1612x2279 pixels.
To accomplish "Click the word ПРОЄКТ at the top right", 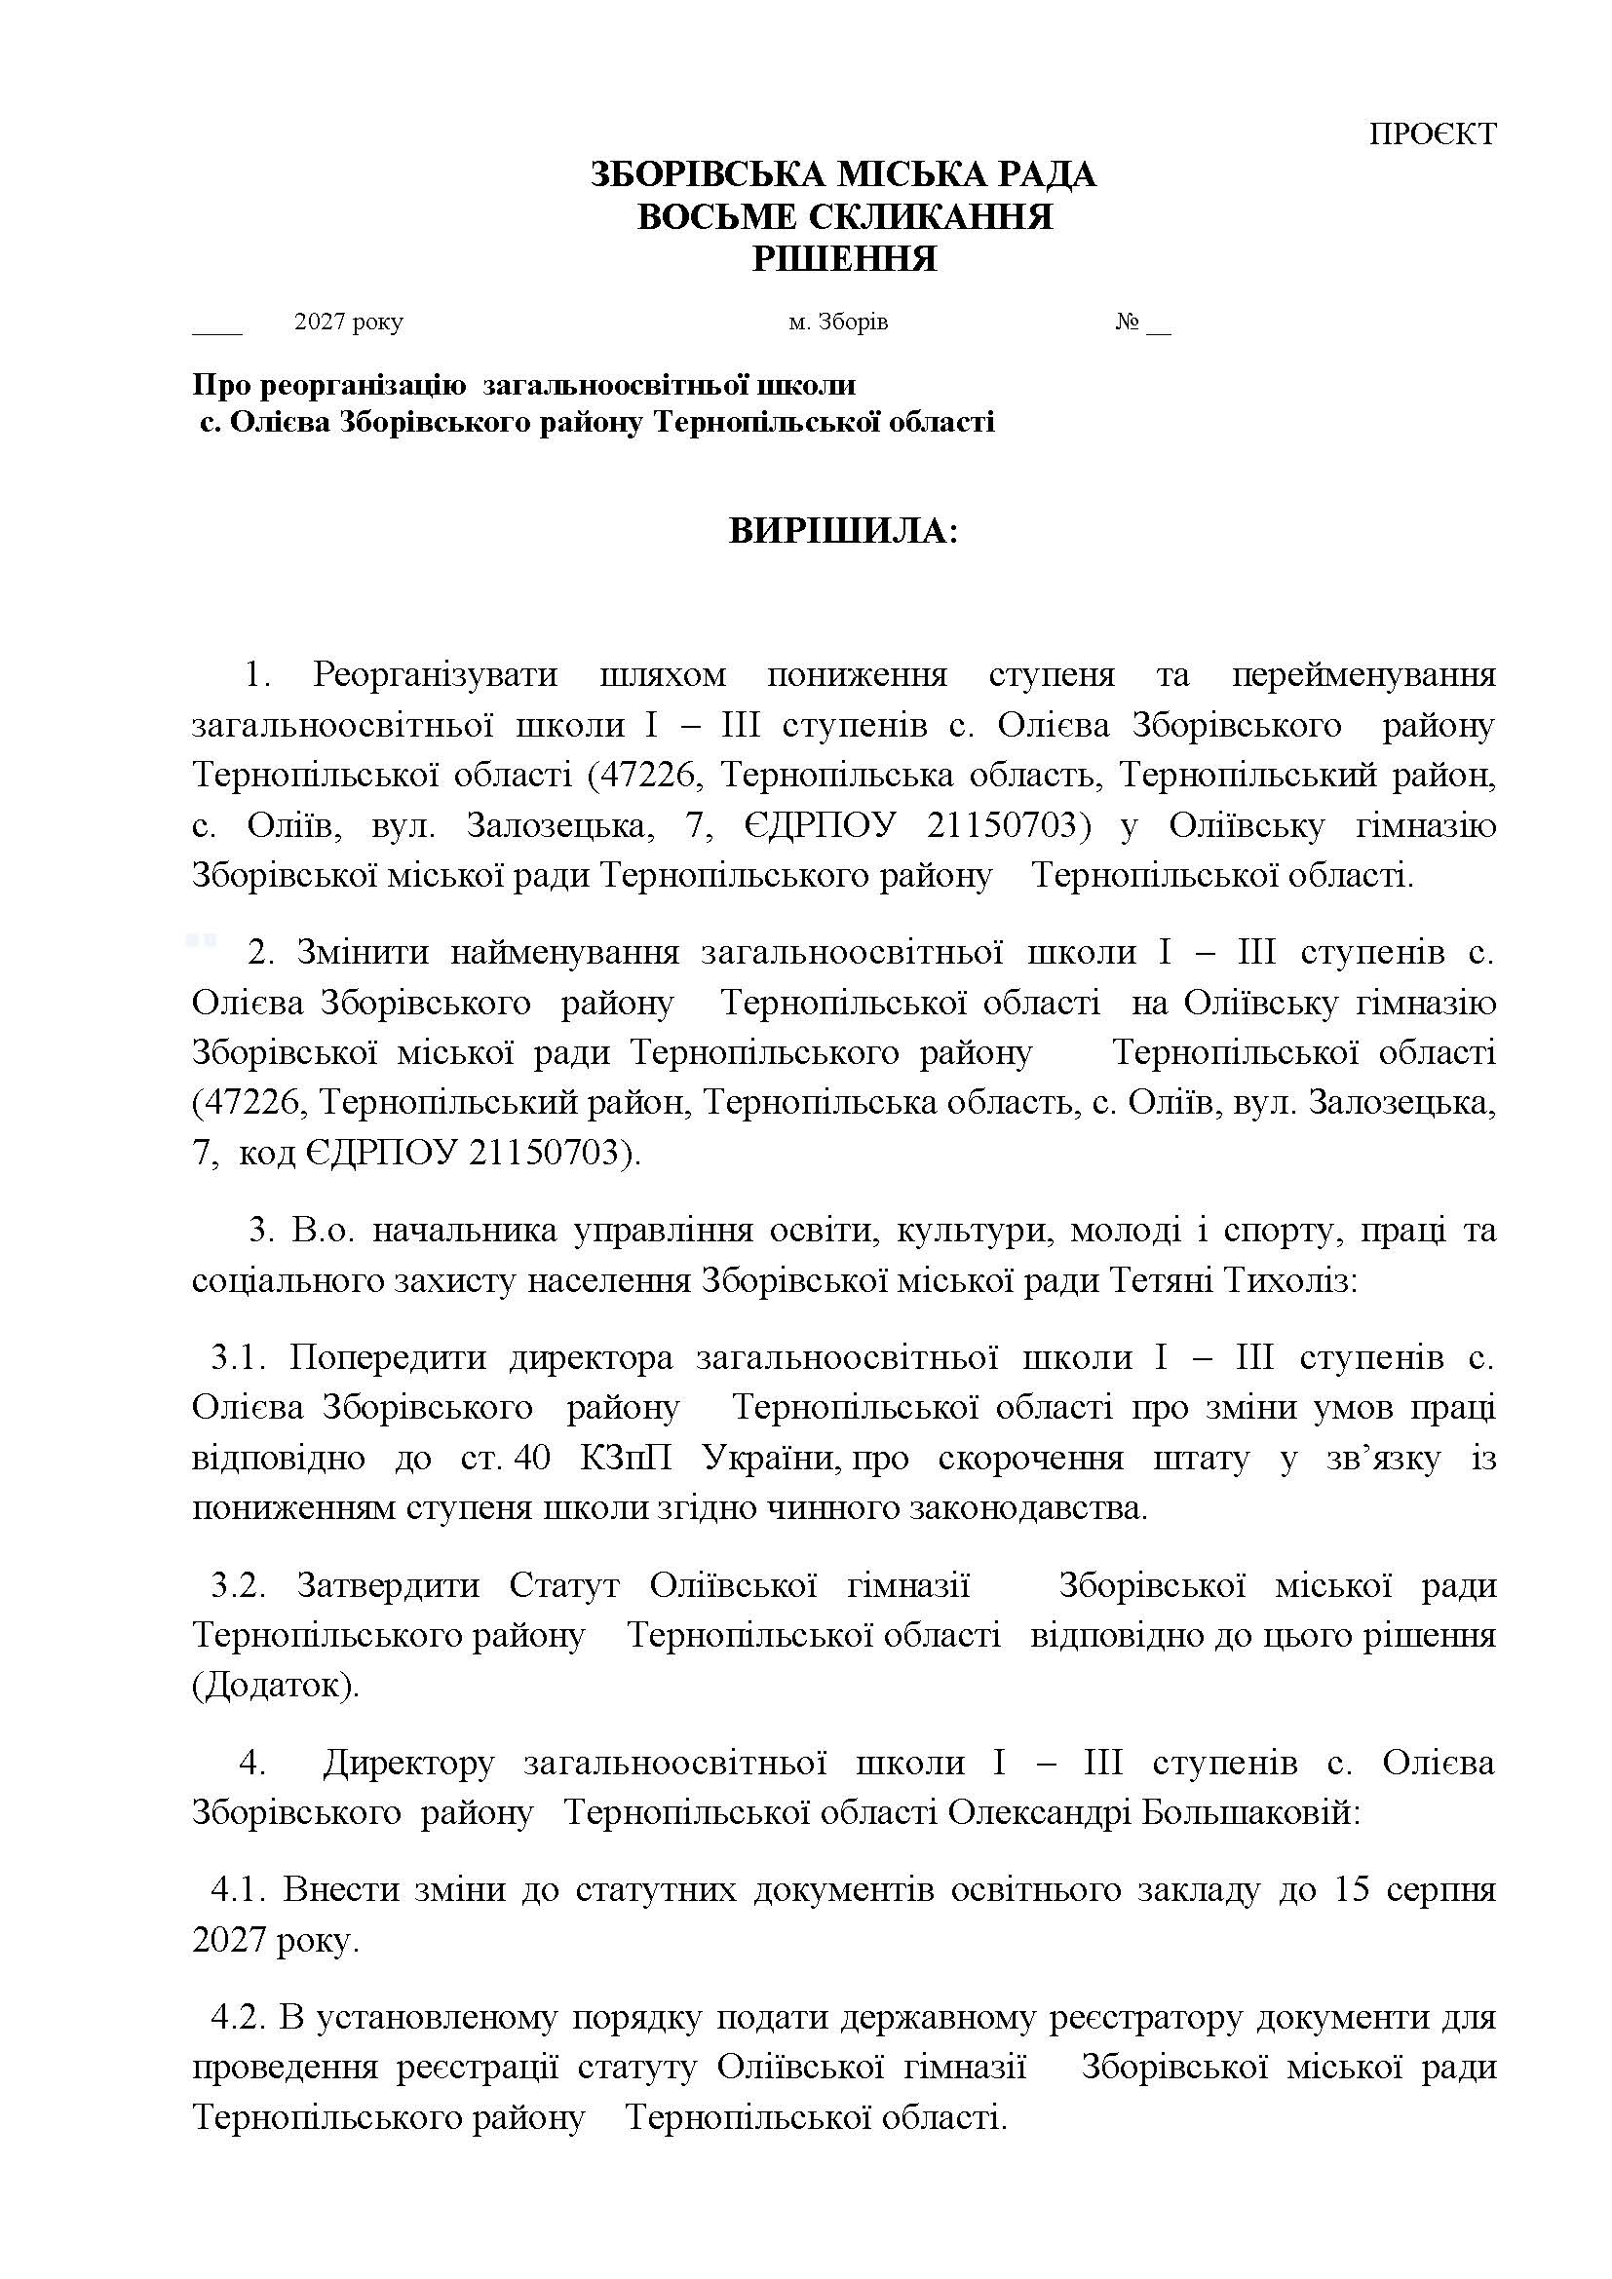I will coord(1433,134).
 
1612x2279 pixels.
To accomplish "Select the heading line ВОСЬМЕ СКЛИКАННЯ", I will coord(844,217).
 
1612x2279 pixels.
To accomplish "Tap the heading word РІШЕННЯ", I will coord(845,260).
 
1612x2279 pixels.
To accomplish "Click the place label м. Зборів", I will coord(838,323).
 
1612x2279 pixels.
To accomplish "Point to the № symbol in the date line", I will coord(1127,323).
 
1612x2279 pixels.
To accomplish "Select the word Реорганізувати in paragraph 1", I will coord(435,675).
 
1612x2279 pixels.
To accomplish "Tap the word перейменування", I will coord(1363,675).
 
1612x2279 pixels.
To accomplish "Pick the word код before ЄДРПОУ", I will coord(267,1153).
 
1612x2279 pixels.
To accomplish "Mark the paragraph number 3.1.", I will coord(238,1357).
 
